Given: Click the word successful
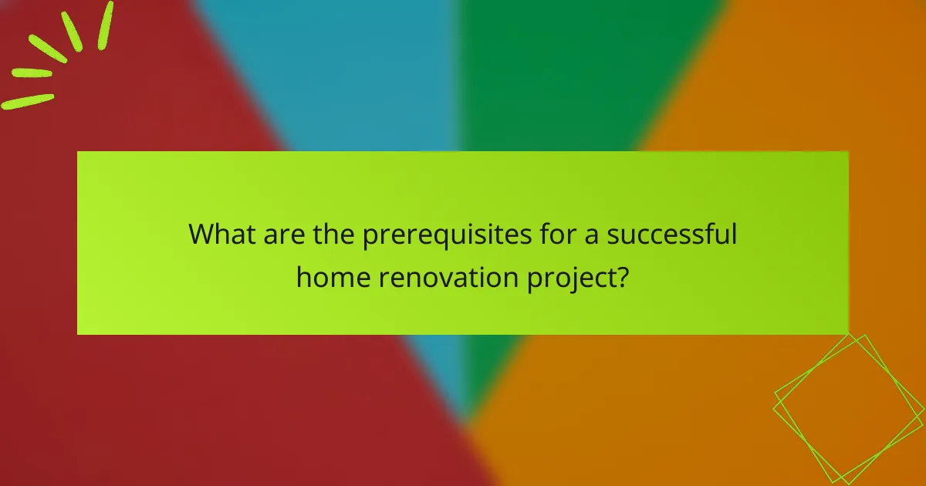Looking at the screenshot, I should (x=671, y=234).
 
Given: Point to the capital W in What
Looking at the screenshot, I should (x=202, y=234).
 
